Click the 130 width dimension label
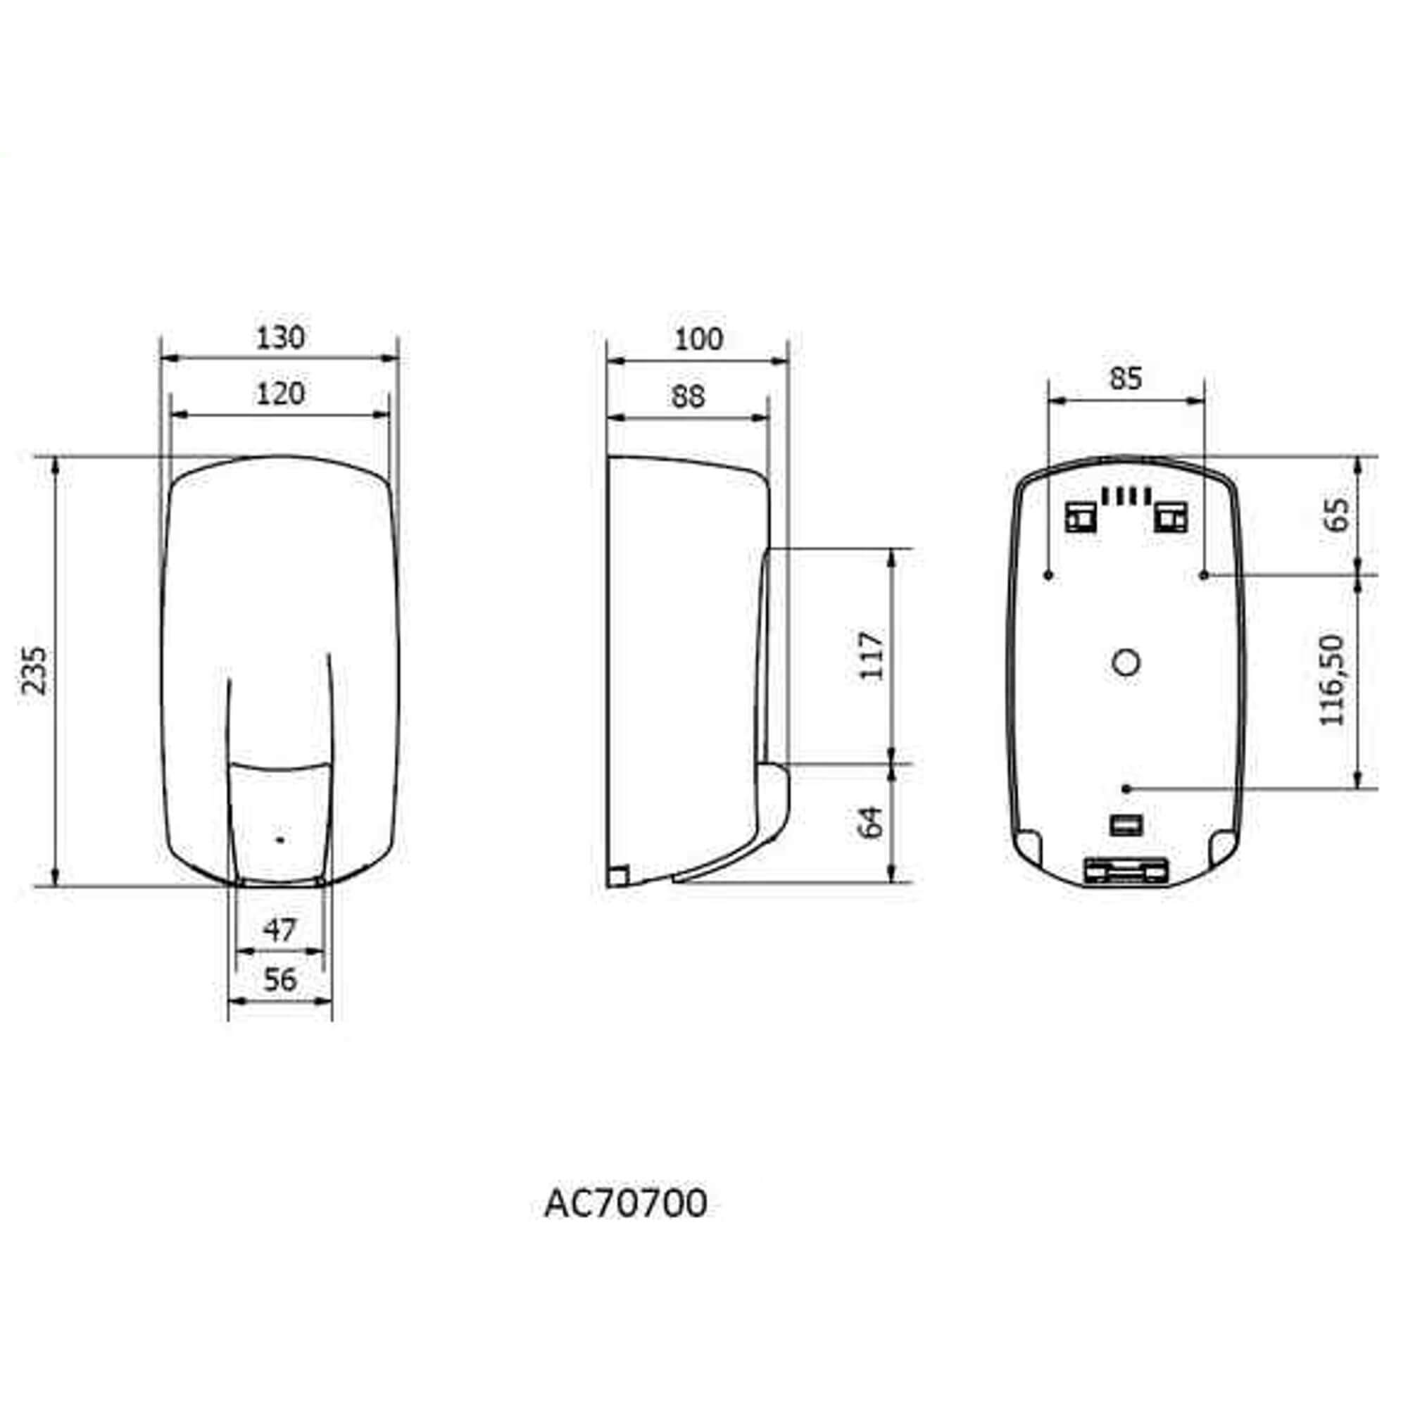280,337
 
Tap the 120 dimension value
280,394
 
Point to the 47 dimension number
280,930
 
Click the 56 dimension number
280,980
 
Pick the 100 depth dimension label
698,339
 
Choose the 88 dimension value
688,396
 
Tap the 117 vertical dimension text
871,656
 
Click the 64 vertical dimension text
871,822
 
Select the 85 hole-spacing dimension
1126,378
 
